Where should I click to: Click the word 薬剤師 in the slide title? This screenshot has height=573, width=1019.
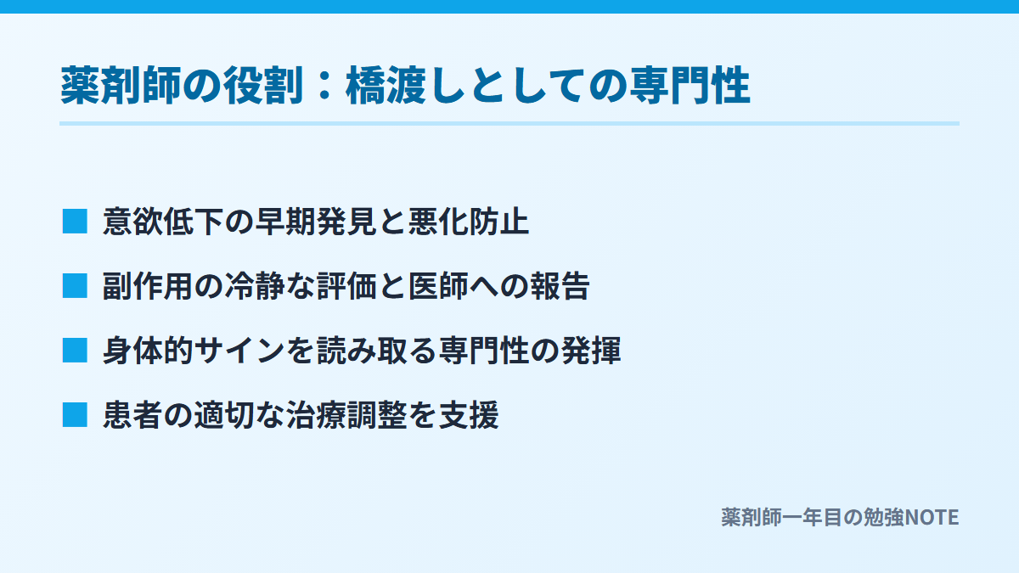click(x=121, y=85)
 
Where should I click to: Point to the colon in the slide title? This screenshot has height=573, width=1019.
click(x=324, y=86)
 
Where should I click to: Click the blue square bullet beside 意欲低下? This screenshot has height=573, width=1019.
click(x=75, y=222)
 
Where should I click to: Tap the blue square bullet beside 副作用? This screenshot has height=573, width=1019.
click(x=75, y=286)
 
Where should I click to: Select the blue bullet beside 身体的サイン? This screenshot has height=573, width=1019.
click(x=75, y=350)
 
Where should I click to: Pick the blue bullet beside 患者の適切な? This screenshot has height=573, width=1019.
click(x=75, y=415)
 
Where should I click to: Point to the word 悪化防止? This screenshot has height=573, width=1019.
click(x=469, y=222)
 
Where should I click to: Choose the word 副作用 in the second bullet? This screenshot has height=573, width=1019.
click(x=148, y=286)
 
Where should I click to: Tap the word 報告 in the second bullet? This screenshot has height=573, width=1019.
click(x=560, y=286)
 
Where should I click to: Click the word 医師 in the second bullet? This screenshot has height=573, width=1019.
click(x=438, y=286)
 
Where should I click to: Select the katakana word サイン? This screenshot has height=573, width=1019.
click(x=239, y=351)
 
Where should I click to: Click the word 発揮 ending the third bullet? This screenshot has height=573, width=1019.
click(x=591, y=351)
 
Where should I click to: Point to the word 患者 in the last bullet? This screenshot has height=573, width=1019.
click(x=132, y=415)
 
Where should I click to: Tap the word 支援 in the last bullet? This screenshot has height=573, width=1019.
click(x=469, y=415)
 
